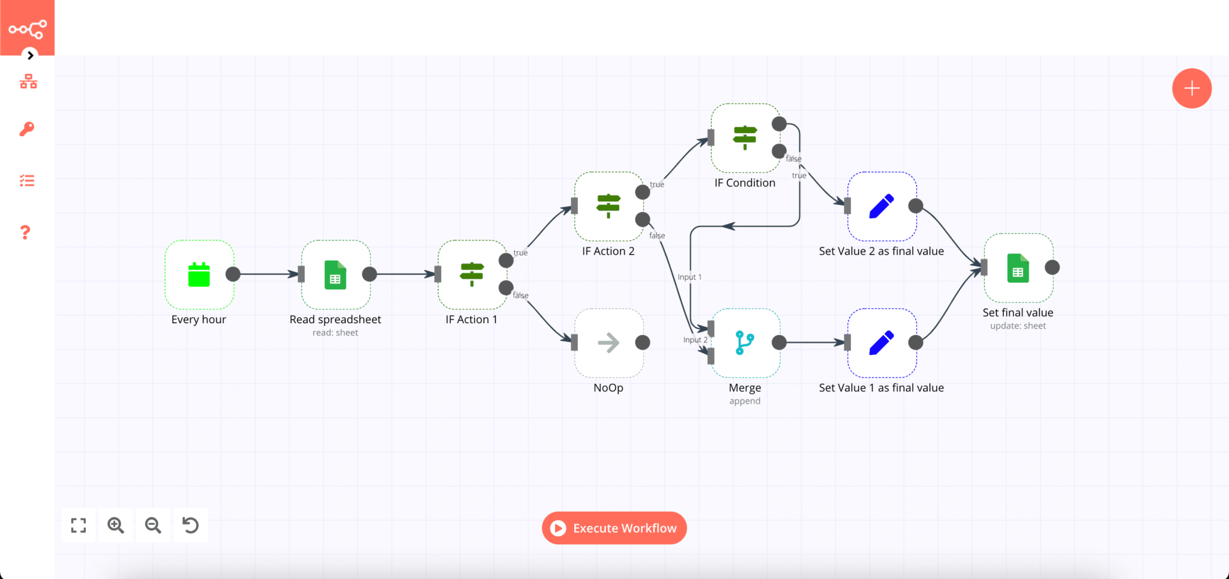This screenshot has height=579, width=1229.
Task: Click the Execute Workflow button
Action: click(614, 528)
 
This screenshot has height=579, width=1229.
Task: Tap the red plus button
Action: click(1191, 88)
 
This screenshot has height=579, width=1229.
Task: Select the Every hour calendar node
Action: click(199, 274)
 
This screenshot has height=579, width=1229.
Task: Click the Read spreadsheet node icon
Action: click(335, 274)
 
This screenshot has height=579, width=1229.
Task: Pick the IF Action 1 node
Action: click(472, 274)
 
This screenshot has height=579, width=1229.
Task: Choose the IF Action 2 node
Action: click(608, 206)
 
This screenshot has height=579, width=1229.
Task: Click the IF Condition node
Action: click(745, 138)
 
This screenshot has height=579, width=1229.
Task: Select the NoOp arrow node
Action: click(608, 343)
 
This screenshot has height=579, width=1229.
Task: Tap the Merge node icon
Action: click(745, 343)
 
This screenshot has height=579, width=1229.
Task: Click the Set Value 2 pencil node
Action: click(881, 206)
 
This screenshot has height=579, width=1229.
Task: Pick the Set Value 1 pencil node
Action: click(881, 343)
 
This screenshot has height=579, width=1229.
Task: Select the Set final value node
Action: click(1018, 268)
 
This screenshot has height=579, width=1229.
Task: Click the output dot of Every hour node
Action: click(233, 274)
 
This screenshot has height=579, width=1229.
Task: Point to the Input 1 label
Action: click(689, 277)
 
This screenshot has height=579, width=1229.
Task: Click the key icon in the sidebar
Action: click(27, 129)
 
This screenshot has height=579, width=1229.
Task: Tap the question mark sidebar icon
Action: click(25, 232)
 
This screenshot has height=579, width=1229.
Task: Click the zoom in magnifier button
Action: click(116, 526)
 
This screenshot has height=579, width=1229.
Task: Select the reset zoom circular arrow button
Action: click(190, 526)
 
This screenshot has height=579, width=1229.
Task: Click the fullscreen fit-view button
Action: click(79, 526)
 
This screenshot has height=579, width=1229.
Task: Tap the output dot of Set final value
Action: click(1052, 267)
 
